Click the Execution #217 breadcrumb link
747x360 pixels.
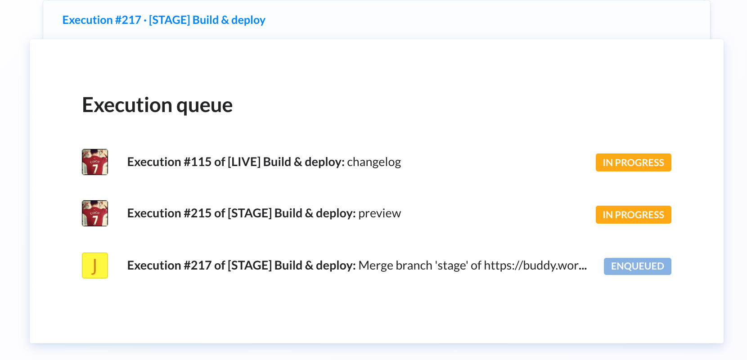coord(164,20)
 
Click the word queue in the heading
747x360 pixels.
coord(204,106)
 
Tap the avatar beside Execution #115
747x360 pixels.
coord(95,162)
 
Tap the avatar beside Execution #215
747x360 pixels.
coord(95,213)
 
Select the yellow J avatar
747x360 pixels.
coord(95,265)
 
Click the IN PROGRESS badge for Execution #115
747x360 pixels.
coord(633,162)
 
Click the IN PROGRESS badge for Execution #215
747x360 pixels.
coord(633,215)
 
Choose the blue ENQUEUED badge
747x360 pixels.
coord(637,266)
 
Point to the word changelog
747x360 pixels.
coord(374,162)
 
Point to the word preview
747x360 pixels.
coord(379,213)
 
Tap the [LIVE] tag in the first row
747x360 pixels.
coord(244,162)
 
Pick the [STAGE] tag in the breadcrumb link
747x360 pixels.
coord(169,20)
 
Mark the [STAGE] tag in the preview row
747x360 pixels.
coord(250,213)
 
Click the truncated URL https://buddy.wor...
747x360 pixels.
coord(535,265)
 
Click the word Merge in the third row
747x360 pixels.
coord(374,265)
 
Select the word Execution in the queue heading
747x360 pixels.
coord(127,105)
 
